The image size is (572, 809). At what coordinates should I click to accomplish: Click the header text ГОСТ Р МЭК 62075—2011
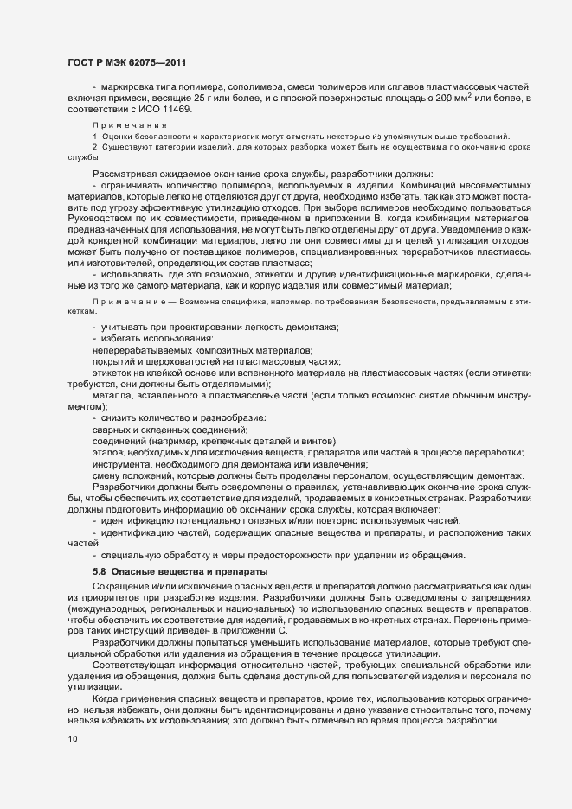click(126, 62)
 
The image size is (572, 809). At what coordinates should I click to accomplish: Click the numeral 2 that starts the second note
click(94, 148)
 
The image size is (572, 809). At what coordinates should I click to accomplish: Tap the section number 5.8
click(100, 572)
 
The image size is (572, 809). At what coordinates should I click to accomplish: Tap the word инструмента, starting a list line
click(122, 464)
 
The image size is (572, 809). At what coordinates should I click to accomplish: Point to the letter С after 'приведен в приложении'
click(281, 630)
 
